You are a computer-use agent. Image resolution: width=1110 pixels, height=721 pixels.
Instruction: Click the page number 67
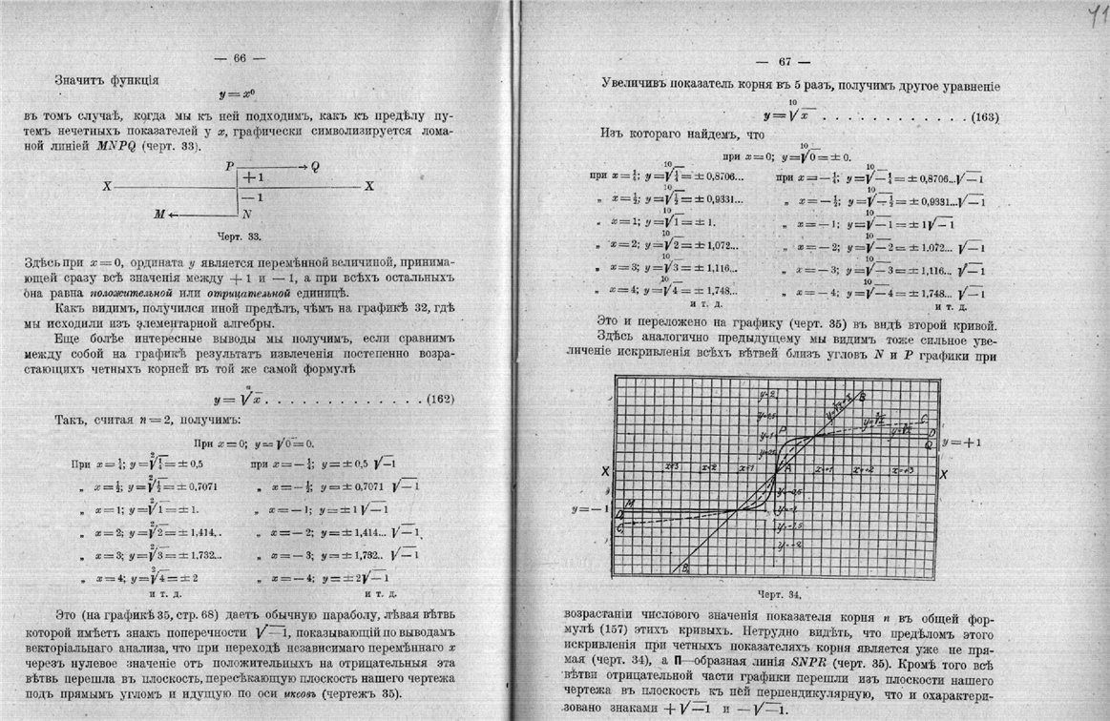point(785,62)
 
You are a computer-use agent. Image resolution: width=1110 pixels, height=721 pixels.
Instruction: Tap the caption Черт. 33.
point(242,235)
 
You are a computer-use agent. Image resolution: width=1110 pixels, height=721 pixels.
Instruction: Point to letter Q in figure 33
point(315,166)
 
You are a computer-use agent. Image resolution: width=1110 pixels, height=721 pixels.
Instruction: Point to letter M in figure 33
point(159,215)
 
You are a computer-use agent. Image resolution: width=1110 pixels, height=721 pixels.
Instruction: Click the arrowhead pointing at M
point(174,215)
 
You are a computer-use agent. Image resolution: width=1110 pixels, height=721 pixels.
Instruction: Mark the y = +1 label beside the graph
point(961,443)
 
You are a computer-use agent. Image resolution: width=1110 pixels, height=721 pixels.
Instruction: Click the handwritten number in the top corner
point(1097,15)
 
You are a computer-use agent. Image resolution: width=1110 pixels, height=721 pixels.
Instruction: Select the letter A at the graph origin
point(787,466)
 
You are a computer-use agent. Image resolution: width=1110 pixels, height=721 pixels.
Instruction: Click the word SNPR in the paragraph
point(833,658)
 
